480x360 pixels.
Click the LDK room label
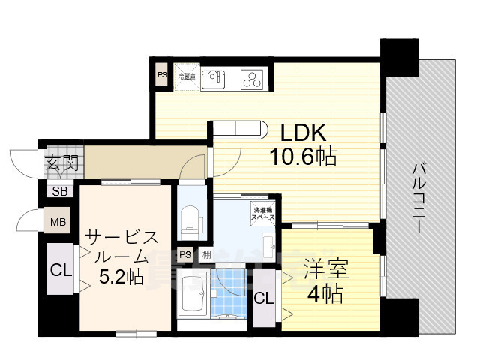click(303, 133)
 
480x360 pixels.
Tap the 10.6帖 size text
click(303, 157)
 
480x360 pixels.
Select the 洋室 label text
click(324, 267)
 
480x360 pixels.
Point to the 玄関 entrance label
click(59, 163)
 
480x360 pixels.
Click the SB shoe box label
click(59, 191)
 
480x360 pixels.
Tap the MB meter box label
click(58, 222)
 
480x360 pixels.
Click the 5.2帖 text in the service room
click(122, 277)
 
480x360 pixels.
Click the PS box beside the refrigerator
click(162, 74)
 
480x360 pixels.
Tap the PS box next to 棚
click(184, 254)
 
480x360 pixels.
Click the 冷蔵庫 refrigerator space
click(186, 76)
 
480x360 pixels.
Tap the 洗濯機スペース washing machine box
click(262, 211)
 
